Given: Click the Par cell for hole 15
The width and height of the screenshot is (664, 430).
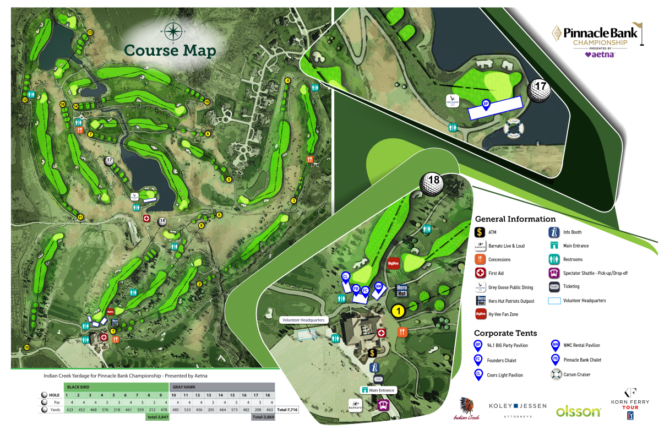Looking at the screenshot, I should [232, 402].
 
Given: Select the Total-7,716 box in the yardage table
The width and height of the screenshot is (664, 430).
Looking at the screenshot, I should [287, 410].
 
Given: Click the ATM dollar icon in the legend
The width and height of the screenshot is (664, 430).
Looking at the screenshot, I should [480, 232].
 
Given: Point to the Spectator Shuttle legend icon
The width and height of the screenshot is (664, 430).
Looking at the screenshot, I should [554, 273].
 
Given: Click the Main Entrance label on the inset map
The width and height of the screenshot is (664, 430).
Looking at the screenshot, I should [378, 390].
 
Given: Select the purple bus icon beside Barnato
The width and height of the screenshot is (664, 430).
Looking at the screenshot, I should [383, 405].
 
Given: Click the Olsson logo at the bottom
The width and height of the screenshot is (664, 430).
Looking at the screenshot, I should [578, 411].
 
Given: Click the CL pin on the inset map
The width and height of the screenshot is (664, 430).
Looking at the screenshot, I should [346, 276].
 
